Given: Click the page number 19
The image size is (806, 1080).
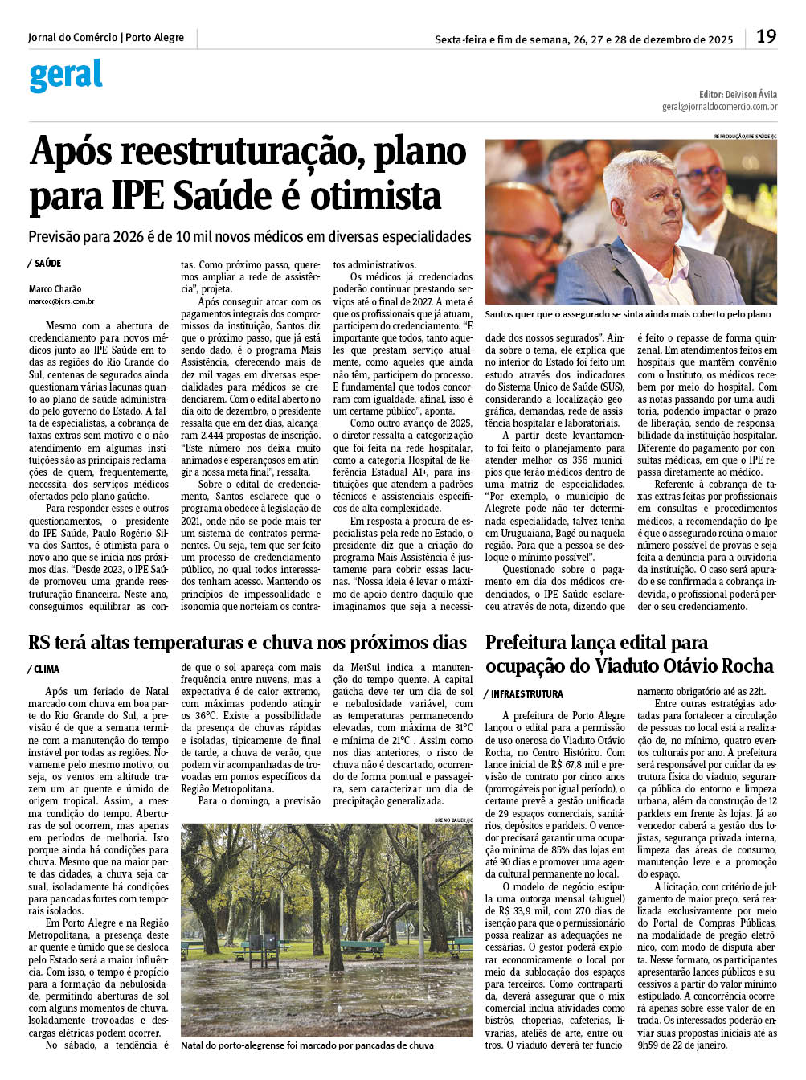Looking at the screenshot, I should tap(766, 37).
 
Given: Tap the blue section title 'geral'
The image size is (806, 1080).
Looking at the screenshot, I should tap(66, 76).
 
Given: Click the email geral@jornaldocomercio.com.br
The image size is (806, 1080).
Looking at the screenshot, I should tap(719, 107).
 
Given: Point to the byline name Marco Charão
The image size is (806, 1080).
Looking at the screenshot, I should tap(55, 289).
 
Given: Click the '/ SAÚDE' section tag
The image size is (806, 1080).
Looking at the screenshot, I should tap(45, 264).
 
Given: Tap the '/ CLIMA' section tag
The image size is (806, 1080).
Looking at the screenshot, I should tap(44, 669).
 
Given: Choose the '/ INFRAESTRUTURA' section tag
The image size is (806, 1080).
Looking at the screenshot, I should tap(524, 693).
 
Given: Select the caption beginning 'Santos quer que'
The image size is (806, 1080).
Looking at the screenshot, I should tap(628, 314).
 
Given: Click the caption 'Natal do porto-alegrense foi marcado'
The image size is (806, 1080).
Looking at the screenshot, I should tap(307, 1045).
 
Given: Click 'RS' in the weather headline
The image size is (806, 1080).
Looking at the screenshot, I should tap(39, 643).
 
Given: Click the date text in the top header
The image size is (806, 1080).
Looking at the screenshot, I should tap(583, 39).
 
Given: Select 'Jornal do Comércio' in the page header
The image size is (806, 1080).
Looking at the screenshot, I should tap(72, 38).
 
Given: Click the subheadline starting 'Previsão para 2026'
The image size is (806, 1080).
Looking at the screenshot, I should tap(249, 237).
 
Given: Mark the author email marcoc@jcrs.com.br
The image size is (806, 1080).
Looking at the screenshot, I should tap(61, 301).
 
